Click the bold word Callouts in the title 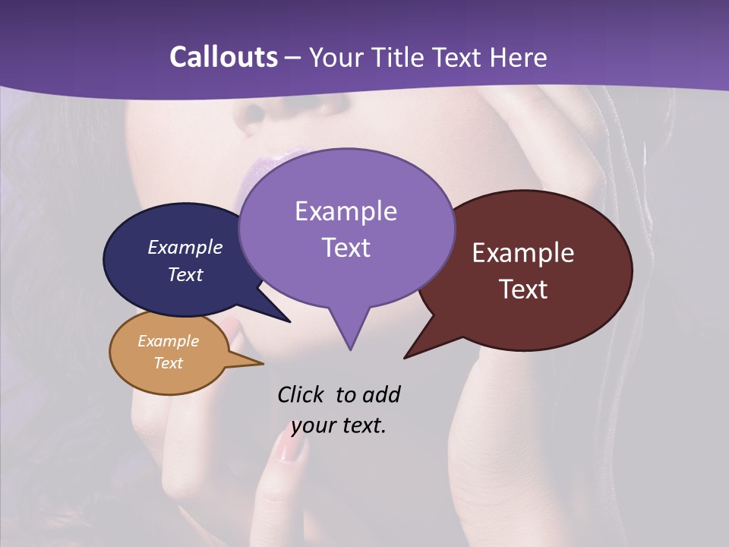[223, 57]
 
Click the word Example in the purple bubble [346, 211]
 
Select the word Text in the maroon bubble [524, 289]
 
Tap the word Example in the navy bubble [185, 247]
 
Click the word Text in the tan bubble [169, 362]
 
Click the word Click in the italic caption [302, 394]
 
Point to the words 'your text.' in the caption [339, 425]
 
